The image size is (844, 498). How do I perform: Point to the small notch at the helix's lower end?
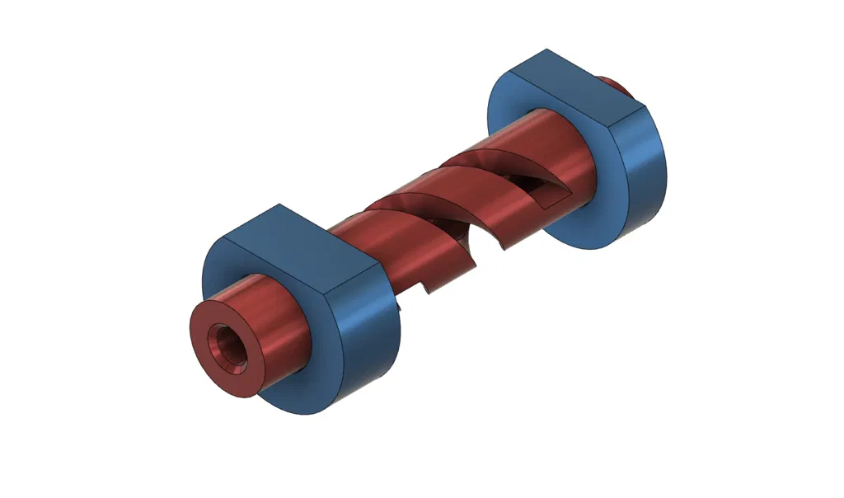pos(426,289)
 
